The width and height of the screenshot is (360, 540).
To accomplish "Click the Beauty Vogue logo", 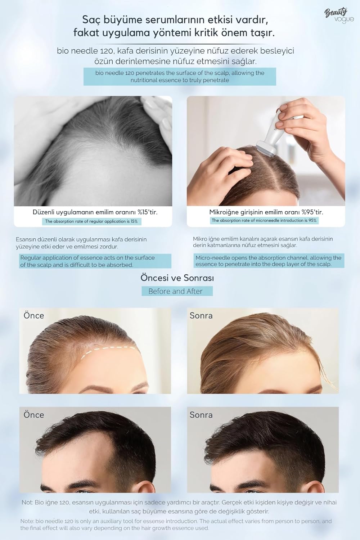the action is pyautogui.click(x=339, y=15).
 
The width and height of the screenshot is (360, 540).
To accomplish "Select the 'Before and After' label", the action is pyautogui.click(x=175, y=291).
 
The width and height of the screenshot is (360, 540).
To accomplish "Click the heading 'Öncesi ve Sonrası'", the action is pyautogui.click(x=177, y=278).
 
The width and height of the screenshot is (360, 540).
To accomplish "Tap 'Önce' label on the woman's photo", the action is pyautogui.click(x=34, y=316).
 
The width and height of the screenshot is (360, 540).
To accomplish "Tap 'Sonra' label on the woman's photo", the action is pyautogui.click(x=201, y=316).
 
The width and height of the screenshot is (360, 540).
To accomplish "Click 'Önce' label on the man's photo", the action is pyautogui.click(x=34, y=415).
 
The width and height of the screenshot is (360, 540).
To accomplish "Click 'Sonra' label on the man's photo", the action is pyautogui.click(x=201, y=415).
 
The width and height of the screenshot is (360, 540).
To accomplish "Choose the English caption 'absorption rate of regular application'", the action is pyautogui.click(x=91, y=221).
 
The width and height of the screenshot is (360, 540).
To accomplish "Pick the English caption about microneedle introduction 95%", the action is pyautogui.click(x=264, y=220).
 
